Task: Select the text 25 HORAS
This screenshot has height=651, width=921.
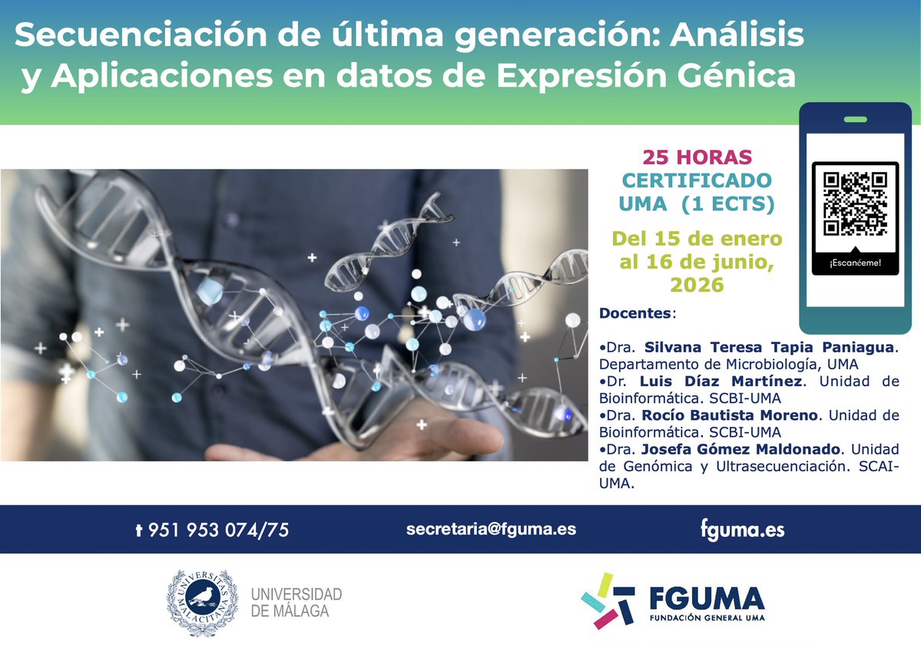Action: pyautogui.click(x=697, y=158)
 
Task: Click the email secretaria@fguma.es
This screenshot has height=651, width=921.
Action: pyautogui.click(x=491, y=528)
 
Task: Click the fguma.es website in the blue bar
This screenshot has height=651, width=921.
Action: pyautogui.click(x=742, y=529)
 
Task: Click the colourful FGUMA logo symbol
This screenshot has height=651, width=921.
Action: pyautogui.click(x=608, y=600)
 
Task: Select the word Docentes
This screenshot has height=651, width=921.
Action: pyautogui.click(x=635, y=313)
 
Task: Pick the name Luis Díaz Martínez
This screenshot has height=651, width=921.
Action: pyautogui.click(x=722, y=382)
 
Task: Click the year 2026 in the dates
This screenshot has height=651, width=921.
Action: pyautogui.click(x=697, y=285)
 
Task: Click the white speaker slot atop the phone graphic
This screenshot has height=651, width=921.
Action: pyautogui.click(x=855, y=120)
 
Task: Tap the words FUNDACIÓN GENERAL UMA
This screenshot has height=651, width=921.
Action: pyautogui.click(x=707, y=618)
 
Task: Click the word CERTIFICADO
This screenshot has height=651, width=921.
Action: pyautogui.click(x=697, y=181)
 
